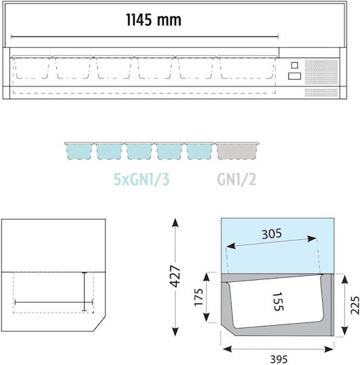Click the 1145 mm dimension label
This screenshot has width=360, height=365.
(x=154, y=20)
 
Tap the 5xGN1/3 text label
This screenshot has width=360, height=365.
(x=141, y=179)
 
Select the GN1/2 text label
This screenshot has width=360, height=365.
(x=236, y=179)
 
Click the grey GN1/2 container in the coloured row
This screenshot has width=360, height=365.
(x=237, y=151)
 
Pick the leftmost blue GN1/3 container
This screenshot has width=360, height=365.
(x=79, y=151)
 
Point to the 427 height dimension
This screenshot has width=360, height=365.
(x=175, y=276)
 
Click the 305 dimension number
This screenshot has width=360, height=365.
(x=271, y=234)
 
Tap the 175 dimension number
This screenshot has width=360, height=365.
(x=199, y=297)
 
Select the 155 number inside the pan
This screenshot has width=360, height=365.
(x=278, y=301)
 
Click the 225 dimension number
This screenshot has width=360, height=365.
(x=355, y=305)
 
